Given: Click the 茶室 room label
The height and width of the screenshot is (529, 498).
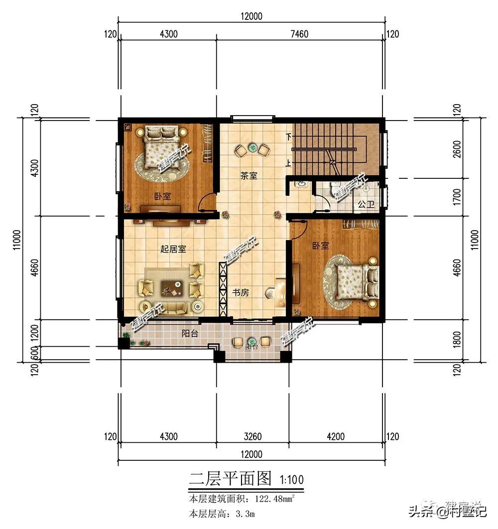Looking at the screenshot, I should pyautogui.click(x=249, y=175).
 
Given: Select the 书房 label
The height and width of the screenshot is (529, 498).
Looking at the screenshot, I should pyautogui.click(x=241, y=293).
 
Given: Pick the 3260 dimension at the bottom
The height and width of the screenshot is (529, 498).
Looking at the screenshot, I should pyautogui.click(x=252, y=437).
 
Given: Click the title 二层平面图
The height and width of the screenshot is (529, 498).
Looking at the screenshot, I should pyautogui.click(x=230, y=479).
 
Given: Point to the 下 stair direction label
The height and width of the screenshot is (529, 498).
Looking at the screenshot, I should pyautogui.click(x=288, y=136).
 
